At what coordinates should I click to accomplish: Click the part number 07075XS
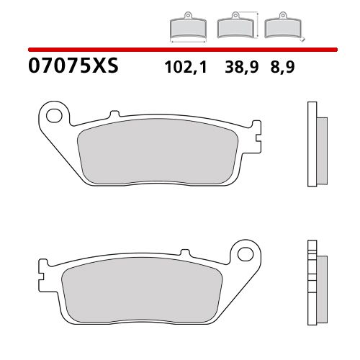pos(72,68)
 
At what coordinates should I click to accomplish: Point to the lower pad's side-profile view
pos(315,277)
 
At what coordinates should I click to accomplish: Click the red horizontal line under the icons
pos(180,49)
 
